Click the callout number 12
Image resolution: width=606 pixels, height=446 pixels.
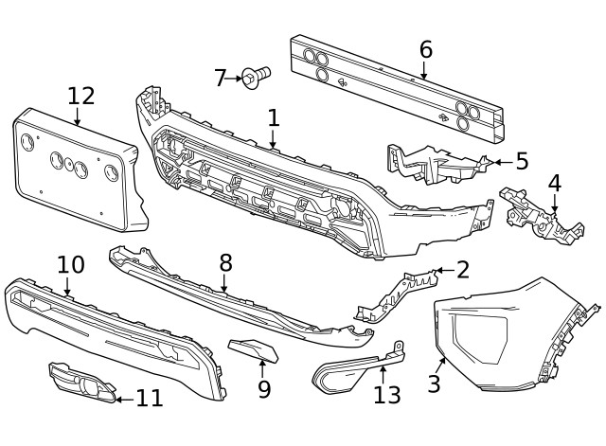point(81,96)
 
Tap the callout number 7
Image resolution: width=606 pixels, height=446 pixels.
point(221,78)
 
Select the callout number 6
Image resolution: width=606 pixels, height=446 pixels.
point(425,49)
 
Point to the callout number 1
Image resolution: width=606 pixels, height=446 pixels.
point(274,117)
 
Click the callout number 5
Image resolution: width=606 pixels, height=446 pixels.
point(522,161)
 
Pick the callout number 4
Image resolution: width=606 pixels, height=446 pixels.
point(554,183)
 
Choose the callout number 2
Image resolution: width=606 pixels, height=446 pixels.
point(462,270)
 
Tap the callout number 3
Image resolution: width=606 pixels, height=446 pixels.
point(434,384)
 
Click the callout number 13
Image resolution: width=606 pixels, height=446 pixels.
point(386,394)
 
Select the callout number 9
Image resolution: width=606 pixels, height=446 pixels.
point(264,388)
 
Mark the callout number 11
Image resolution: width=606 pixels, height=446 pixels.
point(149,399)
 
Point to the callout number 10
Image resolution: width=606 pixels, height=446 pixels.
point(71,265)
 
